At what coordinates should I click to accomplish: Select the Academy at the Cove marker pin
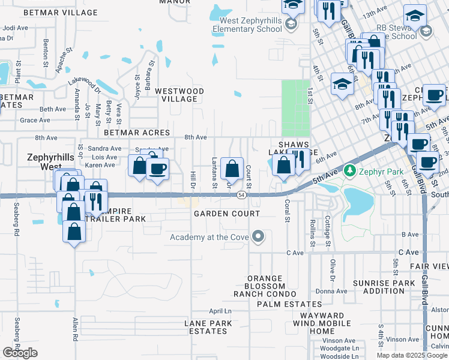259,236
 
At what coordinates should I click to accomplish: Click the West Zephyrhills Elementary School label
246,25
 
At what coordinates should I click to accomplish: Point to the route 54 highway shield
241,195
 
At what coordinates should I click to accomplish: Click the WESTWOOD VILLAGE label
179,95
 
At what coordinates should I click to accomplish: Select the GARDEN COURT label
226,214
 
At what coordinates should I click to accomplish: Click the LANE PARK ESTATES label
208,327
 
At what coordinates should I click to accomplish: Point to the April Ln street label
220,311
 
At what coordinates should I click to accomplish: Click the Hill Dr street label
193,178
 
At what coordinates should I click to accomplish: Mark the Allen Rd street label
76,329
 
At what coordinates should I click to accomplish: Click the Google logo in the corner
20,353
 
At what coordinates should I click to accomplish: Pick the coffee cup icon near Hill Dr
158,170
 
